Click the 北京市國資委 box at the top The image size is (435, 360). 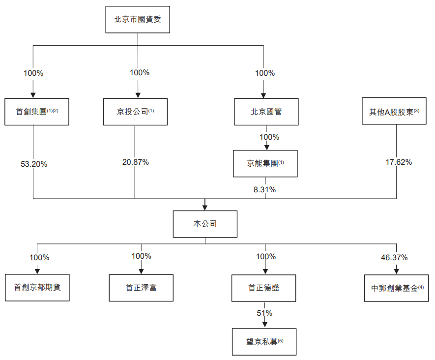(x=138, y=20)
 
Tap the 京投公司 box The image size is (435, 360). (x=135, y=111)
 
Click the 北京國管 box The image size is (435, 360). (x=265, y=111)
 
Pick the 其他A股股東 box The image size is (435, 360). (x=394, y=111)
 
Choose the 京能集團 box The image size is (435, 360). (x=265, y=163)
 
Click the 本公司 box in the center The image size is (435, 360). (x=205, y=224)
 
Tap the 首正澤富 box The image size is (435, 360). (x=141, y=288)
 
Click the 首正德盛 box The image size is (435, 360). (x=264, y=288)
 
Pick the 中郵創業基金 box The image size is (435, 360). (x=397, y=288)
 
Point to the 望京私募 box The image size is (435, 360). (x=264, y=341)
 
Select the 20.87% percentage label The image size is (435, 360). (x=136, y=162)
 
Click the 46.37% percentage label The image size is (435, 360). (x=394, y=257)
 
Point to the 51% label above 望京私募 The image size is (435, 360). (x=264, y=313)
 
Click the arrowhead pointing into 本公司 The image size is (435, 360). (x=205, y=206)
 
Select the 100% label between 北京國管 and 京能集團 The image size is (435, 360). (x=269, y=137)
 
